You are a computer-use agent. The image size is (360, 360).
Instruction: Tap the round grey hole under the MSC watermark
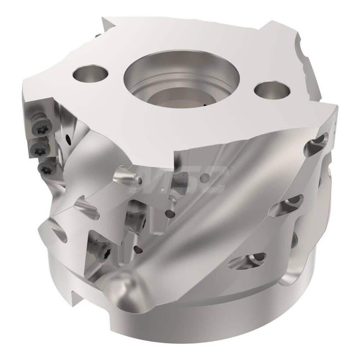pos(204,177)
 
